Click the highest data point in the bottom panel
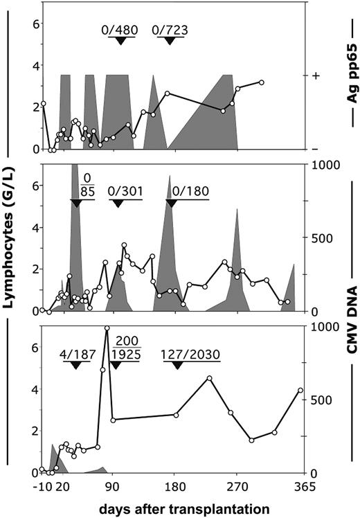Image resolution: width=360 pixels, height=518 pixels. click(x=107, y=328)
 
